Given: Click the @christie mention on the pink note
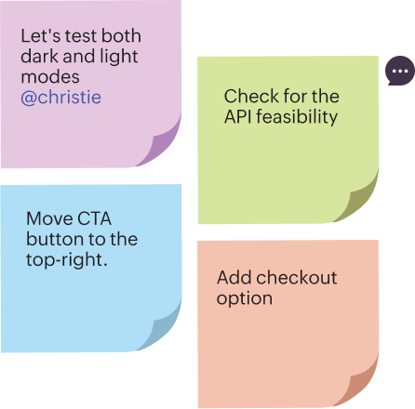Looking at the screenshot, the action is [x=60, y=98].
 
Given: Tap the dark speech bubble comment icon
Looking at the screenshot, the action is [x=400, y=71].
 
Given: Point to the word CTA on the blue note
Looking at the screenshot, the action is [x=94, y=218].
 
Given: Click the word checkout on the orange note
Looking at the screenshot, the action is [x=297, y=277].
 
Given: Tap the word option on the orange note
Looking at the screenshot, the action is [x=245, y=299].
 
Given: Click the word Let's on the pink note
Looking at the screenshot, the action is [x=41, y=36].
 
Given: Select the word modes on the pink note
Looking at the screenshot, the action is [x=50, y=77].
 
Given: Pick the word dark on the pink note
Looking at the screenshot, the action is [x=39, y=57].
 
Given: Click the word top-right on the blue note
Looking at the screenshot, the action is [x=67, y=260].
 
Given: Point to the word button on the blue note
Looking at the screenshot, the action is [x=55, y=239].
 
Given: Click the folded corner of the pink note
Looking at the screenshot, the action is [x=162, y=145].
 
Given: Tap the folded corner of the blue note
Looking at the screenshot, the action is [x=162, y=329].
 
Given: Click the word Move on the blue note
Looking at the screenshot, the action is [x=49, y=218].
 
